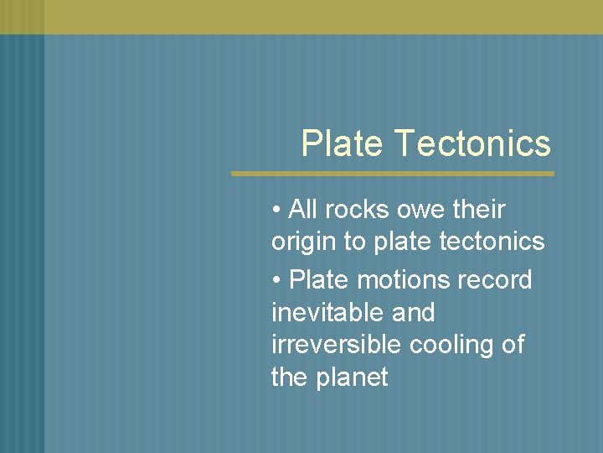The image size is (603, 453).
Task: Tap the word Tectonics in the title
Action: point(473,143)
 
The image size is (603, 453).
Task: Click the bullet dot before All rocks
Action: point(276,210)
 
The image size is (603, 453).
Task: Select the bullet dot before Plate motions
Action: point(276,280)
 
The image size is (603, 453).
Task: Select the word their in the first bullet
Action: point(478,209)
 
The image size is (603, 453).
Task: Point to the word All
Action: point(302,209)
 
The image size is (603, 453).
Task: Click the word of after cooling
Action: point(513,345)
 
